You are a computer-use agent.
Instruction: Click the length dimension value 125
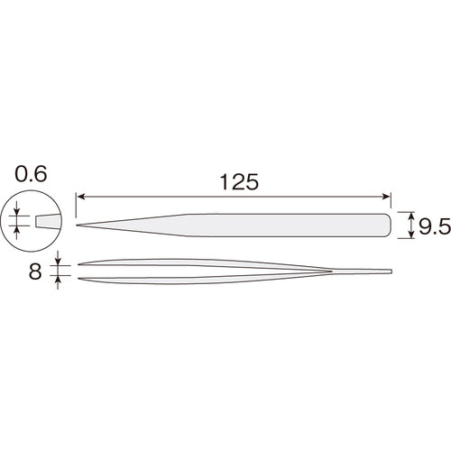click(x=237, y=181)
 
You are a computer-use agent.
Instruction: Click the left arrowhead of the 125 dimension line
click(x=80, y=196)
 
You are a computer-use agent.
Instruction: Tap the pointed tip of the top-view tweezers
click(x=79, y=225)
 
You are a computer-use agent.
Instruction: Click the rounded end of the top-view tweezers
click(x=390, y=225)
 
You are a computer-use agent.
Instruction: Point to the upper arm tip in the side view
click(x=81, y=264)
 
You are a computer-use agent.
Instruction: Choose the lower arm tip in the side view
click(x=81, y=276)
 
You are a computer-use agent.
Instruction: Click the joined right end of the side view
click(x=391, y=271)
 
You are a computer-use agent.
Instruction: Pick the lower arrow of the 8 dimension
click(x=59, y=280)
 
